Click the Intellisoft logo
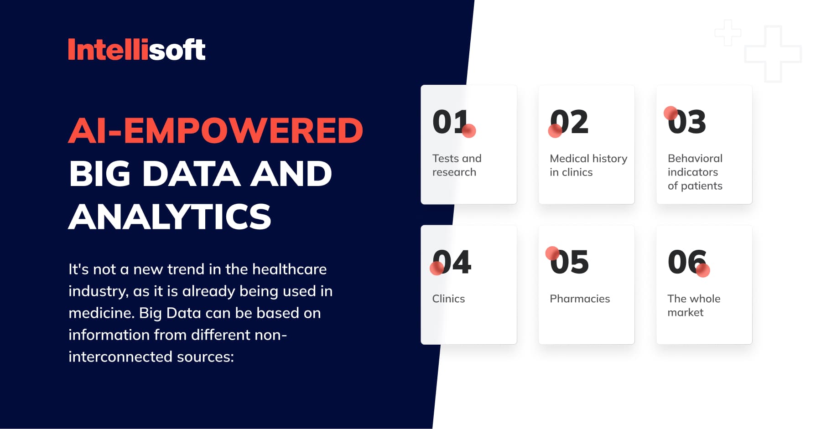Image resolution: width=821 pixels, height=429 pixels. coord(136,49)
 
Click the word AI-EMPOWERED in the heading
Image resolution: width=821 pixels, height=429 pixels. coord(216,131)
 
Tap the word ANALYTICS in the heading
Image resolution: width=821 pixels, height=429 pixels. coord(170,217)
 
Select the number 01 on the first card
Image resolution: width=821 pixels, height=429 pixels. coord(450,122)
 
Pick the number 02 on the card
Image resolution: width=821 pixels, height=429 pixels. coord(569,122)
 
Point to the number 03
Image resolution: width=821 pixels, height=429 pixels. coord(687,122)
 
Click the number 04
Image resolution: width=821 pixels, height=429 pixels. coord(452,262)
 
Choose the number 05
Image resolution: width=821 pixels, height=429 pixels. coord(569,262)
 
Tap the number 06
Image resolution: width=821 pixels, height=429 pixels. coord(687,262)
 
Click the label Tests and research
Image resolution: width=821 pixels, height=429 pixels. coord(457,165)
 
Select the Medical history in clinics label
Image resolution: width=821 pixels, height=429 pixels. coord(588,165)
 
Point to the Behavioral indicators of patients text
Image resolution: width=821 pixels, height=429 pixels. coord(695,172)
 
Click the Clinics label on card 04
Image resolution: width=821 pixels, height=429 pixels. coord(448,299)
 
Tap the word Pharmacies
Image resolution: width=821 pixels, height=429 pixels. coord(580,299)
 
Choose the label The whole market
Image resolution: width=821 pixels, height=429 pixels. coord(694,305)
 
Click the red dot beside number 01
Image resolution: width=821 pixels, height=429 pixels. coord(469,131)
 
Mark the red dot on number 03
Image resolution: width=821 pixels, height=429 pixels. coord(670,113)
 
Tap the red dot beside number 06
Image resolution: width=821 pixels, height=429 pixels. coord(703,270)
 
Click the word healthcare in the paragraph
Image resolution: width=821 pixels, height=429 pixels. coord(289,269)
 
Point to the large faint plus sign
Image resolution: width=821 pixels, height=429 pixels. coord(773,54)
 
